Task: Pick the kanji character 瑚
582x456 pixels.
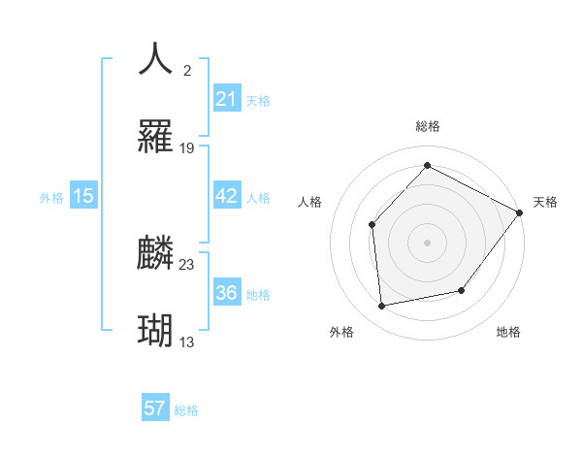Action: pyautogui.click(x=156, y=331)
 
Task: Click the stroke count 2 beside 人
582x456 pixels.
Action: pyautogui.click(x=186, y=70)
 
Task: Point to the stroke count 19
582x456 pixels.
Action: pyautogui.click(x=188, y=148)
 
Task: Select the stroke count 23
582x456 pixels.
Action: pyautogui.click(x=187, y=264)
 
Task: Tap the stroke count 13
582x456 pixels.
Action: pyautogui.click(x=188, y=342)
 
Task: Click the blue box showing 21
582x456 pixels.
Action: pyautogui.click(x=226, y=99)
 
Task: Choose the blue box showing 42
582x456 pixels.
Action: pyautogui.click(x=226, y=196)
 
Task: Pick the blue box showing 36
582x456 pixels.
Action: pyautogui.click(x=226, y=293)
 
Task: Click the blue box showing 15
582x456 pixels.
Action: pyautogui.click(x=83, y=196)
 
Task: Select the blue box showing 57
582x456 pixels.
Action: pyautogui.click(x=155, y=408)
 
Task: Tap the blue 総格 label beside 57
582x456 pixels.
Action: pyautogui.click(x=186, y=410)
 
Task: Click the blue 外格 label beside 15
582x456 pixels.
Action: pyautogui.click(x=51, y=198)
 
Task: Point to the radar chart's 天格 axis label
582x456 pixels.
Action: pyautogui.click(x=545, y=202)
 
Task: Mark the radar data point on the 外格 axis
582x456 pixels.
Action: pyautogui.click(x=382, y=307)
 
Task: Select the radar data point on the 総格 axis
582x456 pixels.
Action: pyautogui.click(x=427, y=166)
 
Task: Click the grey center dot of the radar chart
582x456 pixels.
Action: pyautogui.click(x=427, y=242)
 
